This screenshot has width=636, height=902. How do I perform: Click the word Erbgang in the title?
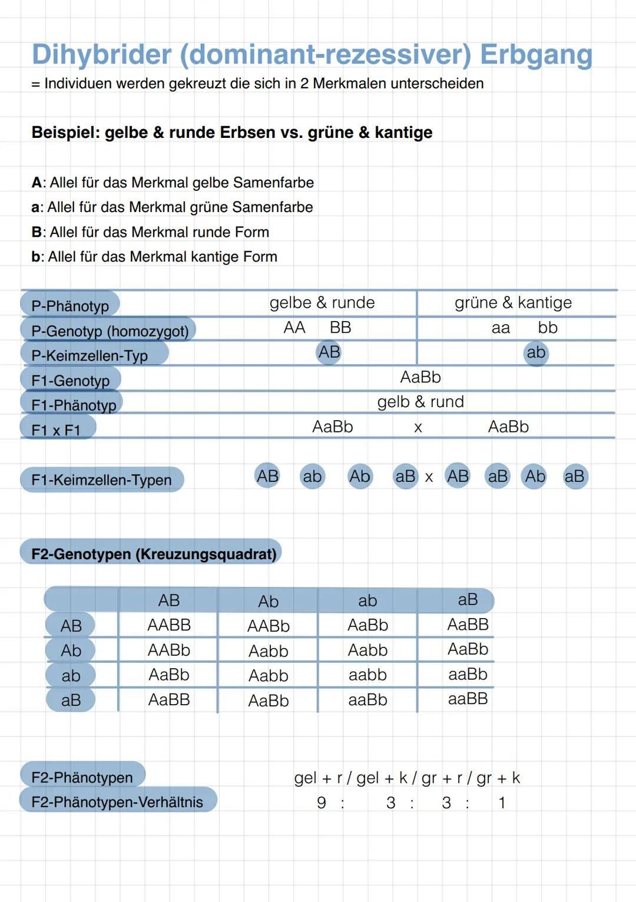pos(536,55)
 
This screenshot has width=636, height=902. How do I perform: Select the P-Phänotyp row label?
pos(70,306)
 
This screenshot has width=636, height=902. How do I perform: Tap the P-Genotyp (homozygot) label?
pos(110,331)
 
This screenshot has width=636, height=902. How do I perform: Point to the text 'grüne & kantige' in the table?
pos(513,303)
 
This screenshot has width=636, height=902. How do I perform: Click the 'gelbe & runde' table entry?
pos(322,303)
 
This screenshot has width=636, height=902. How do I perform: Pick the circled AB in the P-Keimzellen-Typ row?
pos(329,352)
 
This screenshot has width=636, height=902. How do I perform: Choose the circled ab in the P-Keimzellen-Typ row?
pos(536,353)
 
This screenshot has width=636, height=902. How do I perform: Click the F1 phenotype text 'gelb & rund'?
pos(420,402)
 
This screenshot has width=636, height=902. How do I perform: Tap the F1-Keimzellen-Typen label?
pos(101,480)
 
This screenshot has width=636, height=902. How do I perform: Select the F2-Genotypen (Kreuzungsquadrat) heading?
pos(154,554)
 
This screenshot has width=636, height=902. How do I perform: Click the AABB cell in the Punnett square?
pos(169,625)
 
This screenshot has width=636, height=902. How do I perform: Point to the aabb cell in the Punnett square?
pos(367,675)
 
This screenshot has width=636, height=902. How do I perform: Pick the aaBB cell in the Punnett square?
pos(468,699)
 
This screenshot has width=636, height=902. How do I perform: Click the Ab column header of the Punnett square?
pos(268,602)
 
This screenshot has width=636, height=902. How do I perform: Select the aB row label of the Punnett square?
pos(71,701)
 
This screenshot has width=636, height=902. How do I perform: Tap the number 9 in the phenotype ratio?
pos(322,803)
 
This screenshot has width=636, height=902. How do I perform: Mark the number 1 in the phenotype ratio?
pos(502,803)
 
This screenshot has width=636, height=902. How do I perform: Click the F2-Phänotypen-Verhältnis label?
pos(117,802)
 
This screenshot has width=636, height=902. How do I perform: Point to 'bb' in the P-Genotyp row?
pos(548,328)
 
